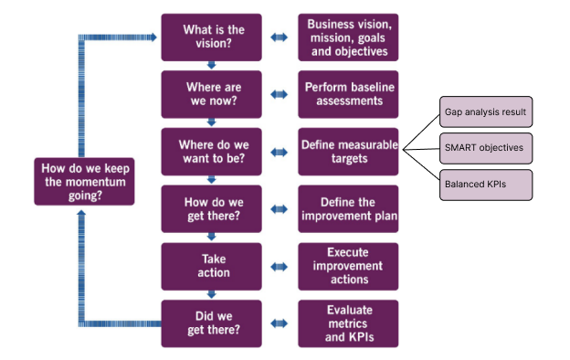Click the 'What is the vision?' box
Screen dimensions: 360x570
click(x=211, y=37)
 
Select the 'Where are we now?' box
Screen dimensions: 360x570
click(x=211, y=94)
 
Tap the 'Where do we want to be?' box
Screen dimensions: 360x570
click(x=211, y=152)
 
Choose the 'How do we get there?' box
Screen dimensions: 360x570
click(x=211, y=208)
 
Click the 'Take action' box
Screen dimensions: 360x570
click(x=211, y=266)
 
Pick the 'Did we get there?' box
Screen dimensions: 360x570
click(x=211, y=323)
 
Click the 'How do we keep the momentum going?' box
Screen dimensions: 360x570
click(x=85, y=180)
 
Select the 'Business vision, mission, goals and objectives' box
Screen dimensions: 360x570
click(x=348, y=37)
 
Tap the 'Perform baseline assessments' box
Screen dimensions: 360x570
click(x=348, y=94)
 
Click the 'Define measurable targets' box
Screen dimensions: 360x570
click(x=348, y=152)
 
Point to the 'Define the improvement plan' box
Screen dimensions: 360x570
click(x=348, y=208)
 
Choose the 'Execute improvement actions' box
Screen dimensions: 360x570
click(x=348, y=266)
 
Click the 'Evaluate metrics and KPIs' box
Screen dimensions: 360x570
click(x=348, y=323)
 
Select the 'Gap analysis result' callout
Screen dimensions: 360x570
click(x=485, y=111)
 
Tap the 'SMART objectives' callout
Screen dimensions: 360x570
click(x=485, y=147)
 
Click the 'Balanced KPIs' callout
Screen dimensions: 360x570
click(x=485, y=184)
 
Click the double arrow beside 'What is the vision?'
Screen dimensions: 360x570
click(x=280, y=37)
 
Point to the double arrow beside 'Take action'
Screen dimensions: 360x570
click(x=280, y=266)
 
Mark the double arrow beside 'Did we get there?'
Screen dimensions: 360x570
click(x=280, y=323)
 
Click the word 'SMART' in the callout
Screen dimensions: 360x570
click(x=461, y=147)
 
